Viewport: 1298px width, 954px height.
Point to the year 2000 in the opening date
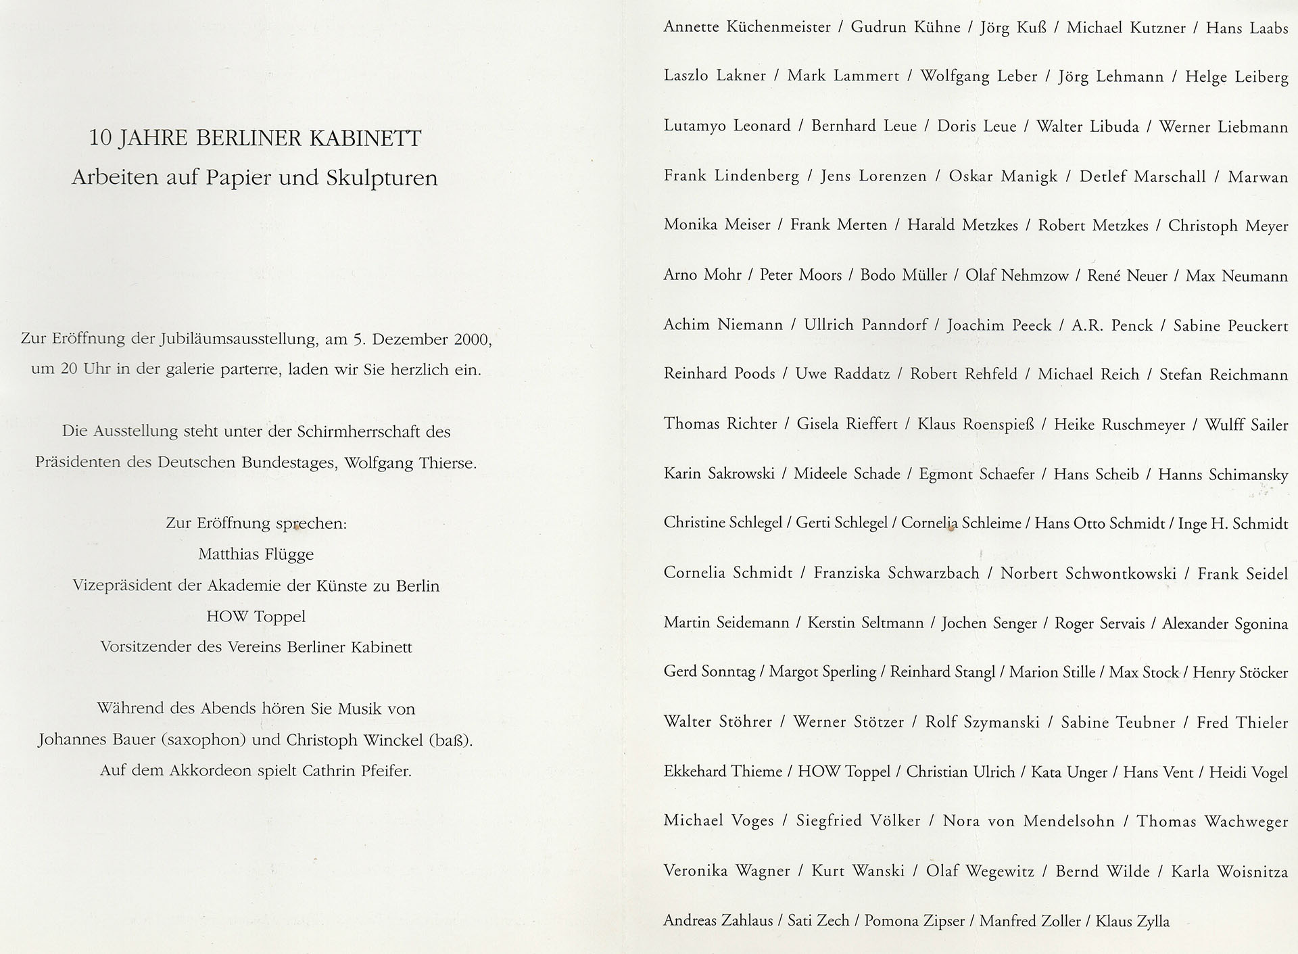point(472,339)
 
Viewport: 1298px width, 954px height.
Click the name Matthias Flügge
point(256,554)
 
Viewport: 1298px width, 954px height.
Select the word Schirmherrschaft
point(347,431)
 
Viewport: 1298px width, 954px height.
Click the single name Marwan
point(1258,177)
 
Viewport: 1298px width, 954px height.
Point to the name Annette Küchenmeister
point(747,28)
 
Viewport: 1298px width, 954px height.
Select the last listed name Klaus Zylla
point(1132,921)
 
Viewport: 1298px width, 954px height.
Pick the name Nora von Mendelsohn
point(1028,821)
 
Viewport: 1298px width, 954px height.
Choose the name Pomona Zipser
point(914,921)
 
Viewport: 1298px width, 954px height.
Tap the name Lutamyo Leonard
point(727,126)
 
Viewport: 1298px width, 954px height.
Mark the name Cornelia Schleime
point(961,523)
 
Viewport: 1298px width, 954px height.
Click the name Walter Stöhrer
point(717,722)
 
